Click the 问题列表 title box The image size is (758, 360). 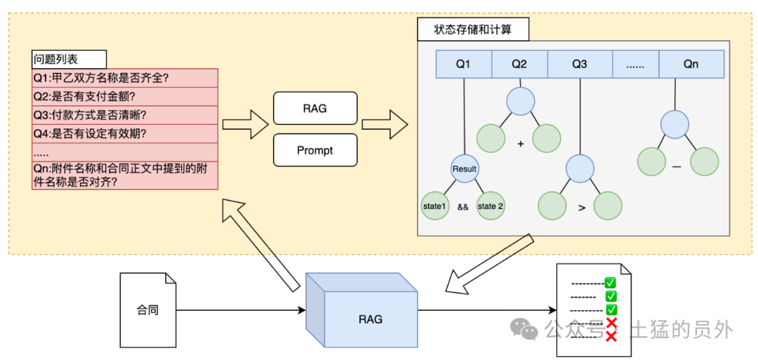[69, 59]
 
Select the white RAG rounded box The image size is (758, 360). [315, 109]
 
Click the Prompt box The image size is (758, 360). [315, 150]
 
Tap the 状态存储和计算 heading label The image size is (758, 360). [472, 29]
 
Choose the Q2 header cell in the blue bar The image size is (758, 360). [519, 64]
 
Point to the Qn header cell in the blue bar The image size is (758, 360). [691, 64]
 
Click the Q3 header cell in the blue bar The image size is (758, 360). [580, 64]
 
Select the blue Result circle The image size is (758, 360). [465, 168]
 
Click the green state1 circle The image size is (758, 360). [435, 206]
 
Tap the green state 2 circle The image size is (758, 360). [491, 206]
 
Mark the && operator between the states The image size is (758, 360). [463, 207]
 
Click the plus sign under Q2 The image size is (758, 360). [521, 144]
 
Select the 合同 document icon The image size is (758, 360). [148, 309]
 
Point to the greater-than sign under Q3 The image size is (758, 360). [581, 207]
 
